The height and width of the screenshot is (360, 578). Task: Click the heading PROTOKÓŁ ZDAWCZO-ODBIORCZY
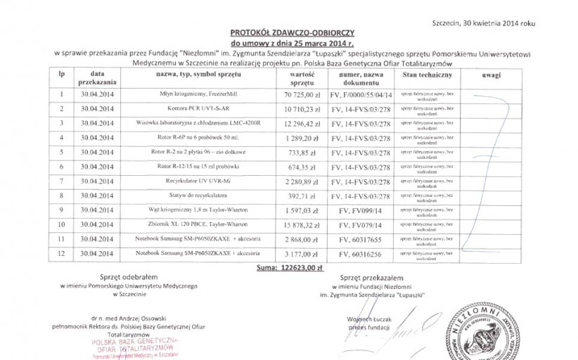294,33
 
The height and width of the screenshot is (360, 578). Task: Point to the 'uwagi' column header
491,74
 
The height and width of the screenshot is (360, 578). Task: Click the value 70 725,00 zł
302,94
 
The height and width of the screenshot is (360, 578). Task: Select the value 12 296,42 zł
302,123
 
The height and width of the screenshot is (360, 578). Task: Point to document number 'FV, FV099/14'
361,210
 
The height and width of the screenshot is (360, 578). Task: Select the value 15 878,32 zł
302,224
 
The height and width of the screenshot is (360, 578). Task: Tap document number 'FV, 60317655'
361,239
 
